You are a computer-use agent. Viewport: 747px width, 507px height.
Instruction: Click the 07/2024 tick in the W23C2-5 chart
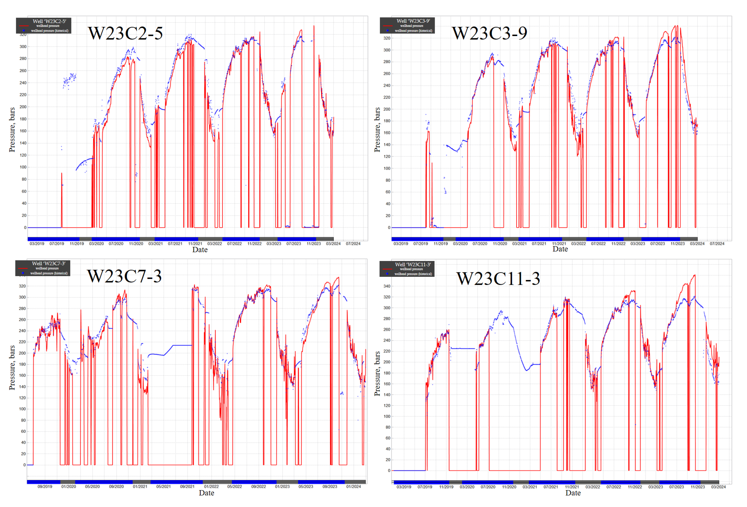pos(353,244)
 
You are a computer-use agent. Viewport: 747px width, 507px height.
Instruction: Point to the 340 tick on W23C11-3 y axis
pos(387,286)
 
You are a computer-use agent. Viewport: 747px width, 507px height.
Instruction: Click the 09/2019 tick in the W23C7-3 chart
pos(45,486)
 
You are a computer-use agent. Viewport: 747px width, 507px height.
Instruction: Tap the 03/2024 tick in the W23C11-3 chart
pos(718,487)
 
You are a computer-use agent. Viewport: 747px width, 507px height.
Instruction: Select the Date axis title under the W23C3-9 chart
pos(560,249)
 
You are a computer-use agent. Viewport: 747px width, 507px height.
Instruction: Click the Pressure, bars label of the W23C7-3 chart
pos(12,368)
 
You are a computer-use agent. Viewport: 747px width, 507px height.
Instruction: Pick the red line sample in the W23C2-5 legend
pos(24,26)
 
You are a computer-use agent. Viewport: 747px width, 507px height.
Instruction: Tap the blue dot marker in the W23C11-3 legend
pos(387,274)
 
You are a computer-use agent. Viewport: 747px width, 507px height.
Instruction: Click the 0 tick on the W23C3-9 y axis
pos(389,227)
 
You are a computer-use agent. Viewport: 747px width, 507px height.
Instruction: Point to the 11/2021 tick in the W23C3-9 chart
pos(559,244)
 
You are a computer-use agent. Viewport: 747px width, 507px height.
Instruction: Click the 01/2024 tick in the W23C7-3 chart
pos(353,486)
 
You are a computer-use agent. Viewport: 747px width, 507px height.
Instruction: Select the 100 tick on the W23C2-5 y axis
pos(23,167)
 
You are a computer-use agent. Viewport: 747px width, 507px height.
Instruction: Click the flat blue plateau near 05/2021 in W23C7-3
pos(182,345)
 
